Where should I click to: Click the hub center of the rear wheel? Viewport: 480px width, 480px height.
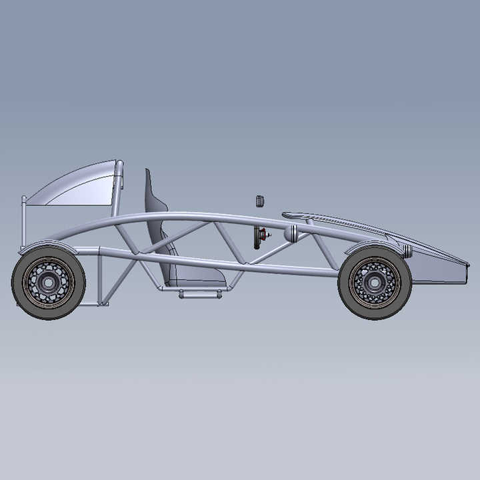tap(48, 283)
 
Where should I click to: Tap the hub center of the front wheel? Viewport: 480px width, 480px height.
tap(374, 283)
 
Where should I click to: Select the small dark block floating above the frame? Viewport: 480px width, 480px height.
tap(260, 201)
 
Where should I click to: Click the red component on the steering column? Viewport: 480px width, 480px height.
tap(263, 235)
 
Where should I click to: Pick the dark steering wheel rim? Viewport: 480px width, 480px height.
tap(256, 237)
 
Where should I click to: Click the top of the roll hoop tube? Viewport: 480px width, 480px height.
tap(119, 164)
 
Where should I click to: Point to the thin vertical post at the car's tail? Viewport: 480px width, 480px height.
tap(25, 220)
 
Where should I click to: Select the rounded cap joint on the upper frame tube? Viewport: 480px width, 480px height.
tap(291, 233)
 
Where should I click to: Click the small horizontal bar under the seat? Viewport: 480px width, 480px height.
tap(200, 294)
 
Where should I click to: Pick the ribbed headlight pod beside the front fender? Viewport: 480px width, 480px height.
tap(407, 251)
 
